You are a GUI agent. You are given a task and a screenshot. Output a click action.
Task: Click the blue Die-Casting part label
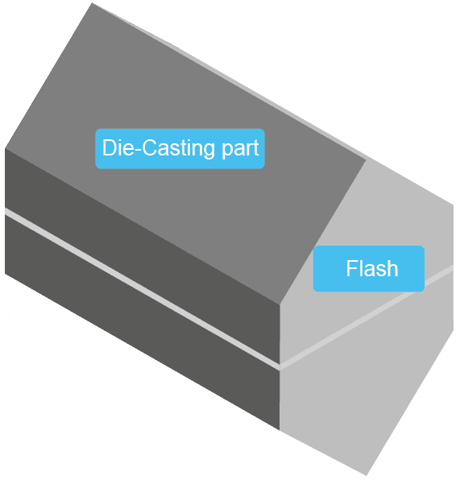tap(180, 148)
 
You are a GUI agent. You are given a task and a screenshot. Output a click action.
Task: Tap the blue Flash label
tap(368, 268)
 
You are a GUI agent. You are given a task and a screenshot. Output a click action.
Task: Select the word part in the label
tap(239, 149)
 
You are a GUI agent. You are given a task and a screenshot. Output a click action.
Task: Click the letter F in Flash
tap(351, 268)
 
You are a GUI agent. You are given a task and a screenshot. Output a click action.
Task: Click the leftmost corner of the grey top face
tap(6, 148)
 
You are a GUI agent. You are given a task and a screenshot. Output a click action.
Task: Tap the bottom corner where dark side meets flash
tap(280, 430)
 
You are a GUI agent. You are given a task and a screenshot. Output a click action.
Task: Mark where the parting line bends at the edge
tap(280, 367)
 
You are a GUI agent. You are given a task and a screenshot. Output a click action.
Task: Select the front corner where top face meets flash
tap(279, 304)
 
